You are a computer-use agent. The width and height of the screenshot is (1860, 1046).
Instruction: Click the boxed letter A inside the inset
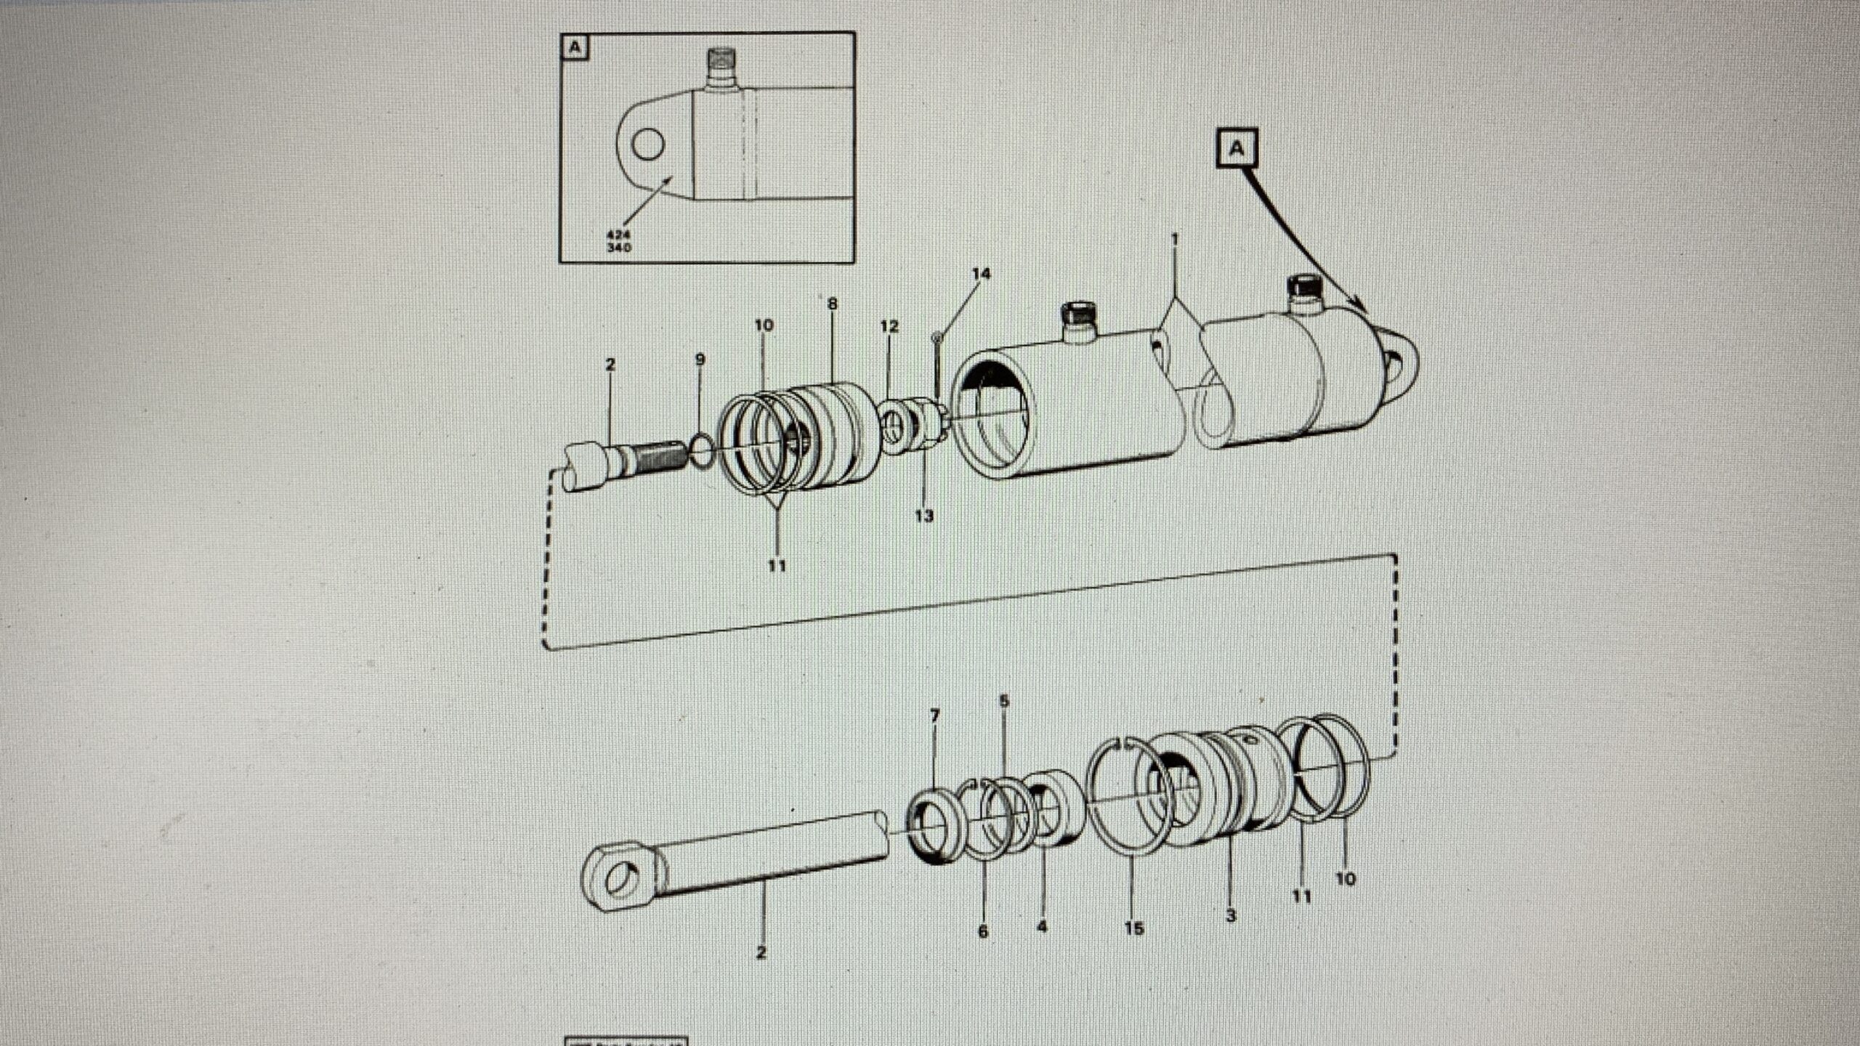(575, 49)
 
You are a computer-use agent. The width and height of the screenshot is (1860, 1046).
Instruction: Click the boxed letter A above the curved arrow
(1236, 150)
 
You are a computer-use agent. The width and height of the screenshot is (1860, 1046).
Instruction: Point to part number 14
(981, 274)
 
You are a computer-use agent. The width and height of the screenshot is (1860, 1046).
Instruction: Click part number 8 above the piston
(833, 304)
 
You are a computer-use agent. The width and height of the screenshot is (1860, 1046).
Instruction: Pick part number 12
(889, 327)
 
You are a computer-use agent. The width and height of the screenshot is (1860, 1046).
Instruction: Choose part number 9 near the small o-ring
(700, 359)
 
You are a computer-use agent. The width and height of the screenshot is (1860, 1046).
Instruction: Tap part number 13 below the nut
(923, 516)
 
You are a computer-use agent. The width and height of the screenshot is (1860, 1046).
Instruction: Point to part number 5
(1003, 702)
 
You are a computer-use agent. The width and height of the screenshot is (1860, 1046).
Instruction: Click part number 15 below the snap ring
(1133, 928)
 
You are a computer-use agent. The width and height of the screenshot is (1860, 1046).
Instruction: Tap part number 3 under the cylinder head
(1230, 916)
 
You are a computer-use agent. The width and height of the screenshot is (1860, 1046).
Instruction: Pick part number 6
(983, 931)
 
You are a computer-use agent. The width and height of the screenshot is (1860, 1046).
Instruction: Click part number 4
(1042, 928)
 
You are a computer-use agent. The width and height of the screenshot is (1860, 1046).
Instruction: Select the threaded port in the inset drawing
(213, 65)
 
